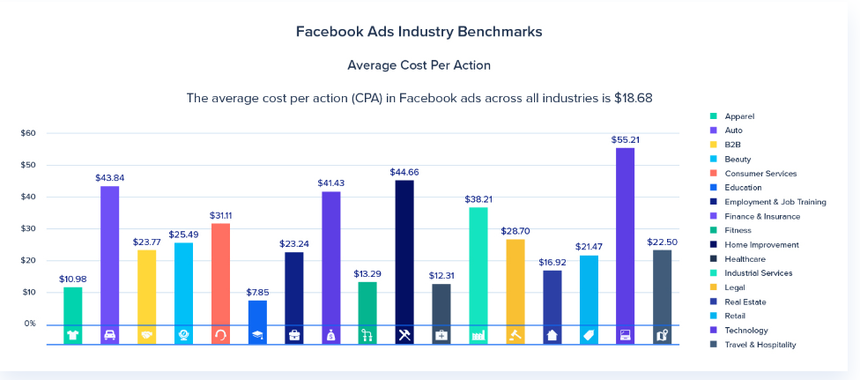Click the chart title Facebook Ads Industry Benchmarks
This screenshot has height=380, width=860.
[x=419, y=31]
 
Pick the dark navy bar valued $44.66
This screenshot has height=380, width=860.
[x=404, y=252]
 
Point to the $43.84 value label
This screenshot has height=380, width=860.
[x=109, y=177]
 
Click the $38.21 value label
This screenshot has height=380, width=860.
[x=479, y=199]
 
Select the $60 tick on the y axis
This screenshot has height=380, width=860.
[x=28, y=133]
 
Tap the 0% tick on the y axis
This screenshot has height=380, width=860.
[x=29, y=324]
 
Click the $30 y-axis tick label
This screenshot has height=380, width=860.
[x=28, y=228]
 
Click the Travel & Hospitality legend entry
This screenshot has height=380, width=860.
[x=760, y=345]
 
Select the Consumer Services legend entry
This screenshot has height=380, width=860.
[x=760, y=174]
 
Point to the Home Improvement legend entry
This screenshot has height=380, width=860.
[x=761, y=244]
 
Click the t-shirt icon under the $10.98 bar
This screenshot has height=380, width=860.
[x=72, y=335]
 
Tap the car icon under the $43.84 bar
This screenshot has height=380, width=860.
[x=109, y=335]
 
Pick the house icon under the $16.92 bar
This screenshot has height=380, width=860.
[x=552, y=335]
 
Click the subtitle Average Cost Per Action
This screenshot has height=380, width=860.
[x=419, y=65]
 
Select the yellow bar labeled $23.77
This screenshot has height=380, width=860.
[x=146, y=287]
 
